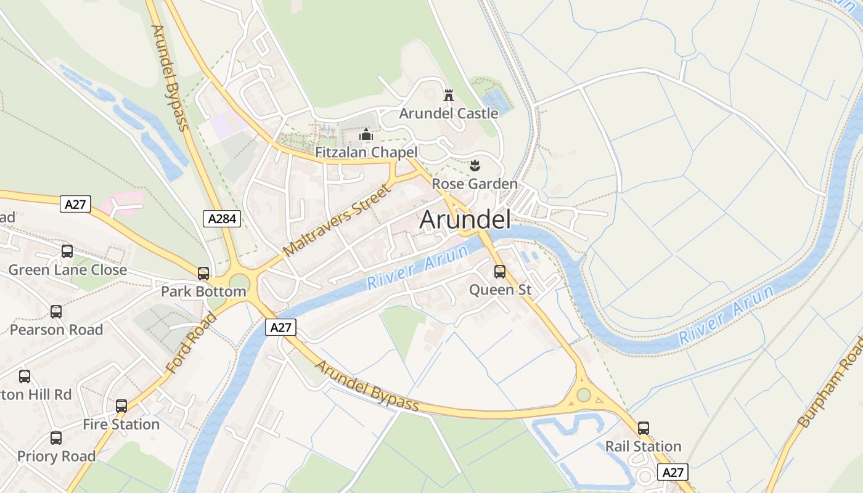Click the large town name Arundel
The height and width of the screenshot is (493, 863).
pyautogui.click(x=465, y=220)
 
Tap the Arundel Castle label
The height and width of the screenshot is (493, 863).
pyautogui.click(x=448, y=113)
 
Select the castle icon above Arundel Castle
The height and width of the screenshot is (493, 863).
pyautogui.click(x=449, y=96)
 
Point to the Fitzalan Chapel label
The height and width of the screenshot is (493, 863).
pyautogui.click(x=366, y=152)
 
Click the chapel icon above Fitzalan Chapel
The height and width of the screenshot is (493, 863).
pyautogui.click(x=366, y=134)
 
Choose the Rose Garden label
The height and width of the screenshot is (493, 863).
pyautogui.click(x=474, y=184)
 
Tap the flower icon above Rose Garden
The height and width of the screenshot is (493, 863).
pyautogui.click(x=475, y=165)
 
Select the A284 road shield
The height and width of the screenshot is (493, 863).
pyautogui.click(x=222, y=219)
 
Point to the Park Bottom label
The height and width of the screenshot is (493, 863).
pyautogui.click(x=203, y=291)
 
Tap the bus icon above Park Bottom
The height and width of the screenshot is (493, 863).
pyautogui.click(x=203, y=274)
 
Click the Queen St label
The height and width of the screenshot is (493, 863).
pyautogui.click(x=500, y=290)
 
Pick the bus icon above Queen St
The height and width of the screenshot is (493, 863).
pyautogui.click(x=500, y=271)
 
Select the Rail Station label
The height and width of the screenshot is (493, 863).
pyautogui.click(x=643, y=446)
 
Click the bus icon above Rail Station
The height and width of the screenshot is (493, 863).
pyautogui.click(x=644, y=428)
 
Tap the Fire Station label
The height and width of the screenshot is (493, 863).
pyautogui.click(x=121, y=424)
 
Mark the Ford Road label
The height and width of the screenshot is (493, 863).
pyautogui.click(x=192, y=343)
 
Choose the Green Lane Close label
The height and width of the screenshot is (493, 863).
pyautogui.click(x=67, y=269)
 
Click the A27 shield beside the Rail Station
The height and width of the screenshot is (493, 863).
pyautogui.click(x=673, y=473)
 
